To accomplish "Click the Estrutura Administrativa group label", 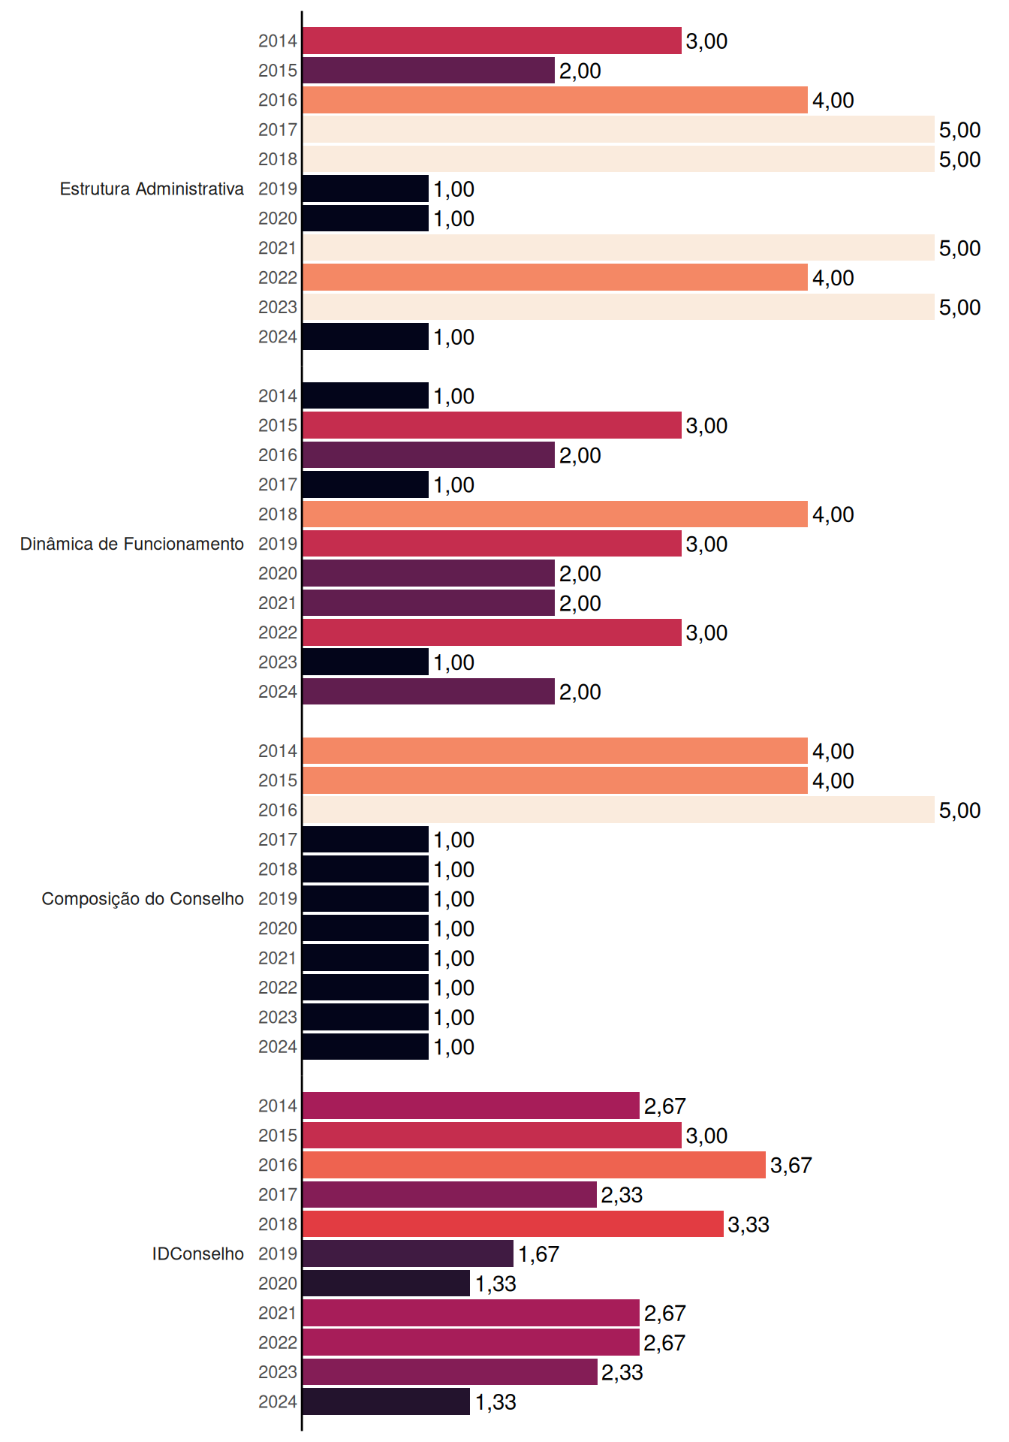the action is (152, 189).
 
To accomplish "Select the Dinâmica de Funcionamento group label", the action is (132, 544).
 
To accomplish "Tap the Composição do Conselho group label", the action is (143, 899).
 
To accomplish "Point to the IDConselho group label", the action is (198, 1253).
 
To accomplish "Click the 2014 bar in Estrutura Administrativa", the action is (492, 41).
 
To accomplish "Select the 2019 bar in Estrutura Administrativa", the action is (366, 189).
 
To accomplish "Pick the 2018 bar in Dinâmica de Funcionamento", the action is (555, 514).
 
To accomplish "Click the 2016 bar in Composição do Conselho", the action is (619, 810).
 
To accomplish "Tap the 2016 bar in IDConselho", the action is (534, 1165).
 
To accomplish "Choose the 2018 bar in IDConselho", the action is (513, 1224).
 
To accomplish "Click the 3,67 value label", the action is (791, 1166).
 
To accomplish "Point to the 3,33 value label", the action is (748, 1225).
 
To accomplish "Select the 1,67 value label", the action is (538, 1254).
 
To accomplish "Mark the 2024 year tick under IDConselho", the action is (278, 1401).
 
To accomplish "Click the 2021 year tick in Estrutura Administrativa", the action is (278, 248).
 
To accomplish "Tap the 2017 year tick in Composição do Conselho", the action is (278, 840).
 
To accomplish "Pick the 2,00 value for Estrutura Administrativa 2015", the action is (580, 71).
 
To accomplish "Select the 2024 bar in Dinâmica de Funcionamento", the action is (429, 691).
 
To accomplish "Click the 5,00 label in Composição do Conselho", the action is (960, 810).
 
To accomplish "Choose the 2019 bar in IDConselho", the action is (408, 1253).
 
